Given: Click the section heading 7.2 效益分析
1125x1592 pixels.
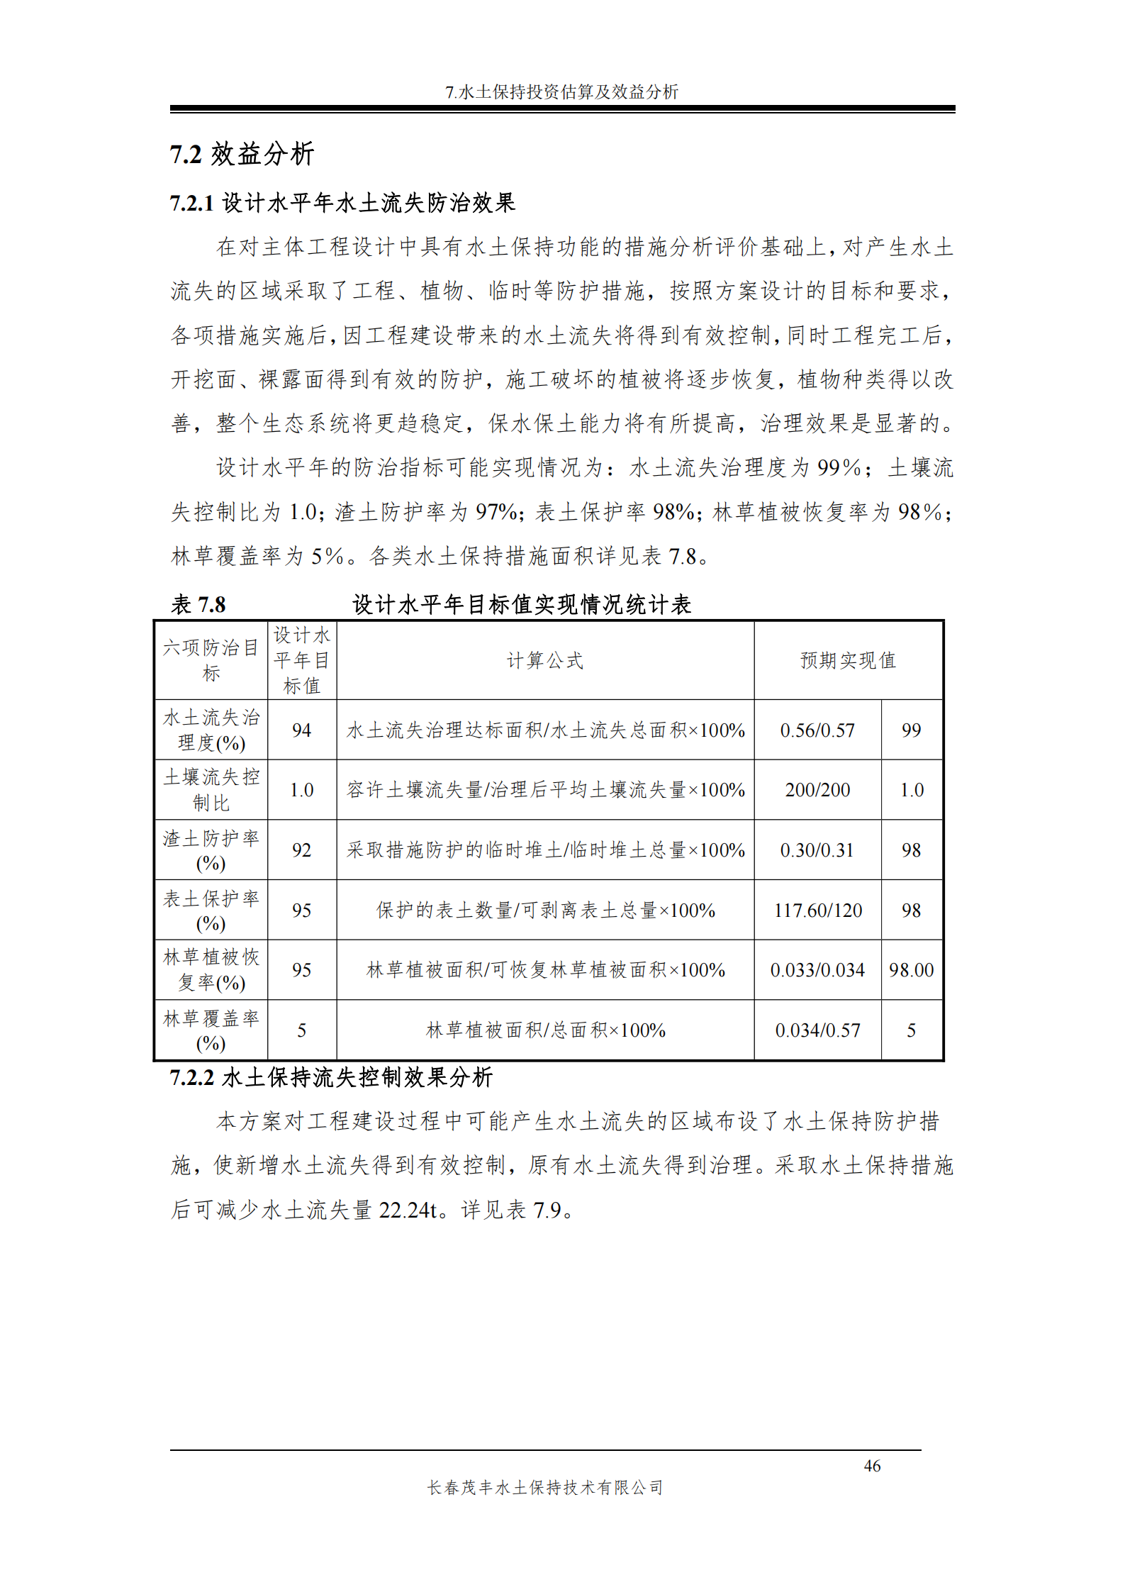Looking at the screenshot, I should [x=241, y=154].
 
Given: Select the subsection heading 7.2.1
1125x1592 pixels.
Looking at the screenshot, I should [x=342, y=204].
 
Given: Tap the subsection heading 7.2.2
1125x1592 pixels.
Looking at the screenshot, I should [x=331, y=1078].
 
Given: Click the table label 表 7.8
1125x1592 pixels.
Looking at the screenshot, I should [x=198, y=605].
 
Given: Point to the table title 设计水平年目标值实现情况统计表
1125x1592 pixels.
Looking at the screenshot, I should [x=522, y=605].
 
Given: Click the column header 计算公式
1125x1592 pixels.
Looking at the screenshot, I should [x=544, y=661].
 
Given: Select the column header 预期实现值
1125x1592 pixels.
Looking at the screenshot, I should [x=848, y=661].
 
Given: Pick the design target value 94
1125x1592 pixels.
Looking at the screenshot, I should [x=301, y=730].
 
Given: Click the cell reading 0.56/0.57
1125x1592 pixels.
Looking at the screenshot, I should [x=817, y=730].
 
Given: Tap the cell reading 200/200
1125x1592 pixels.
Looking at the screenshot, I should [x=817, y=790].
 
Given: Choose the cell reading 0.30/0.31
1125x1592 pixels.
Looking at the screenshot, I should [x=817, y=850].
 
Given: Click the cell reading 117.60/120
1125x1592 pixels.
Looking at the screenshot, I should [x=817, y=911].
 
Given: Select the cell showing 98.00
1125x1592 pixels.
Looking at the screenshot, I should [x=912, y=970].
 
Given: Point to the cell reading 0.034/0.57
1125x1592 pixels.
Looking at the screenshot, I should [x=817, y=1030].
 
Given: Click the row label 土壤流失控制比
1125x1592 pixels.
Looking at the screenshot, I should [x=211, y=790].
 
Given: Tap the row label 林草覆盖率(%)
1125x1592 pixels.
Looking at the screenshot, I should [x=211, y=1030].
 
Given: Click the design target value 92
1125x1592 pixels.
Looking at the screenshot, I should [x=301, y=850].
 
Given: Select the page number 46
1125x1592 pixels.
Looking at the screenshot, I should [x=872, y=1466].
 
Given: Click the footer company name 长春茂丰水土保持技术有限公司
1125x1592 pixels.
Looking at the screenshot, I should [x=544, y=1488].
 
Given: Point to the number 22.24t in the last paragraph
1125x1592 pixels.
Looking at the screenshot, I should [x=408, y=1210].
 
